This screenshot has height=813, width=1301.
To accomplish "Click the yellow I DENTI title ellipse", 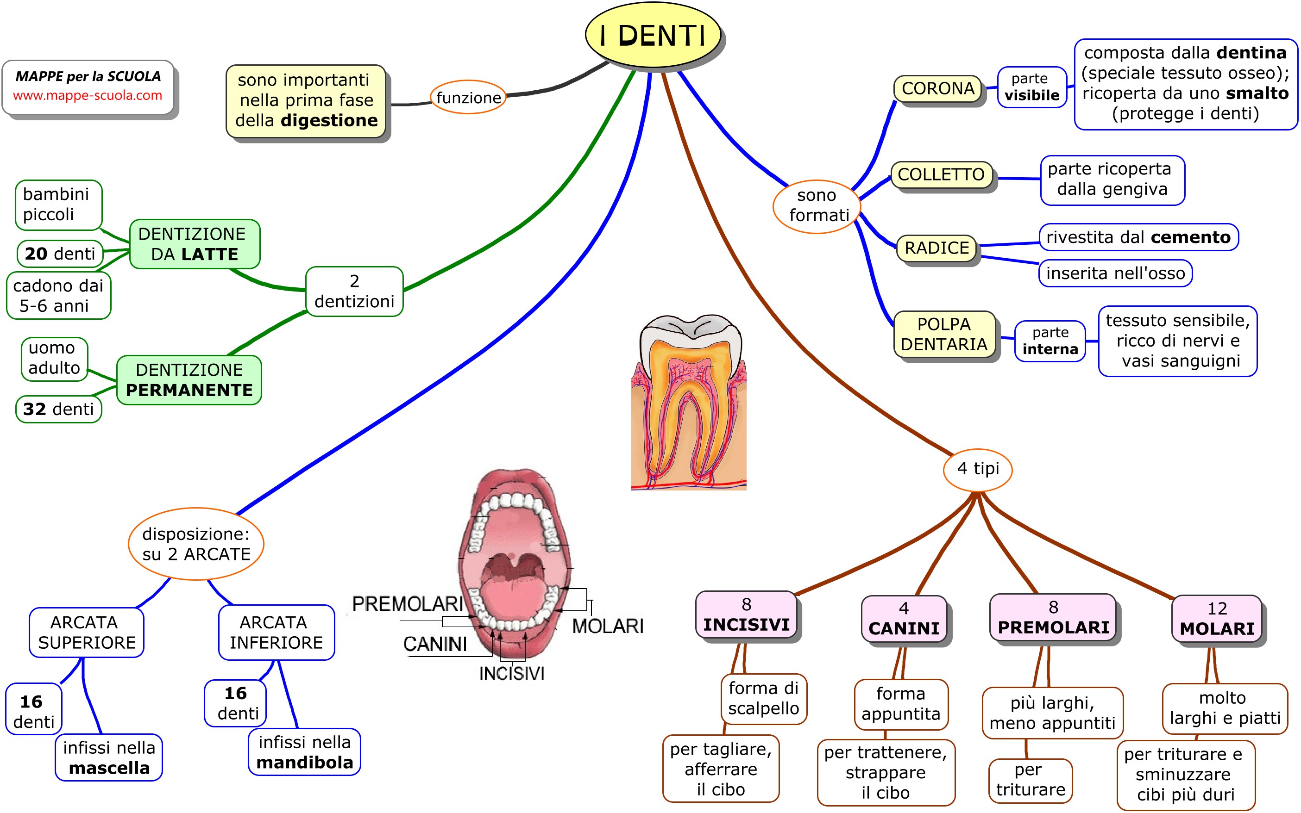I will [x=653, y=36].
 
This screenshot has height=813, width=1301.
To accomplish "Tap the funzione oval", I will [x=468, y=97].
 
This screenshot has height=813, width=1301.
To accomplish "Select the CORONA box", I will [x=938, y=89].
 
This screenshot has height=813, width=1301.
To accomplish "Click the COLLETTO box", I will [x=941, y=175].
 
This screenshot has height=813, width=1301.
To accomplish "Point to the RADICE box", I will [x=937, y=248].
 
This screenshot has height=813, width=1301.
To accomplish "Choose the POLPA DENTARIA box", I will [x=944, y=334].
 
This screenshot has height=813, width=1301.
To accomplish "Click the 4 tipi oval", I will [x=978, y=469].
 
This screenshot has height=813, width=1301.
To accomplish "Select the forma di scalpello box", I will [x=763, y=698].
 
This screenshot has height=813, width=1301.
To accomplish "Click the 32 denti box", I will [x=59, y=409].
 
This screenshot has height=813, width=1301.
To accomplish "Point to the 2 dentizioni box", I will [x=354, y=292].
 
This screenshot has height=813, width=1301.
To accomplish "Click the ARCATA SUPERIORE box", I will [x=87, y=633].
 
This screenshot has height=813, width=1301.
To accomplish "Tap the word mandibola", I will [x=305, y=763].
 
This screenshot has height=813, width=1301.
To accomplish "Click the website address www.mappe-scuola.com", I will [x=88, y=96].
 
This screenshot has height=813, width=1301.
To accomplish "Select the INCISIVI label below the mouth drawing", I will [x=512, y=673].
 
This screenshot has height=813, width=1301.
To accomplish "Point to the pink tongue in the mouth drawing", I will [x=514, y=597].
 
